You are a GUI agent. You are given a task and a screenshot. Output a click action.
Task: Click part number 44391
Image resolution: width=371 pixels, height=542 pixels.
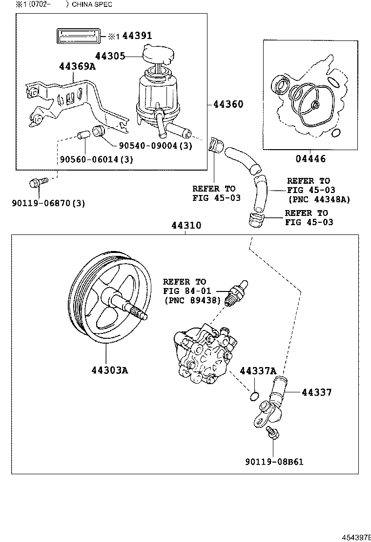[x=137, y=36]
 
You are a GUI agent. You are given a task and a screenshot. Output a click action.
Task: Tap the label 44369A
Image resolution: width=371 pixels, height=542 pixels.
[x=77, y=66]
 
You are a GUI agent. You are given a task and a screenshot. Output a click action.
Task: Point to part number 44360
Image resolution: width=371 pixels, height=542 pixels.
[x=228, y=104]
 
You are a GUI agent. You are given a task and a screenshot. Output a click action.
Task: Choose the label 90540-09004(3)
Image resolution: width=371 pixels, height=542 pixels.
[x=155, y=145]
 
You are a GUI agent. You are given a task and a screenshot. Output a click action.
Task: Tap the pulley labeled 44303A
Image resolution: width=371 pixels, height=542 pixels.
[x=105, y=302]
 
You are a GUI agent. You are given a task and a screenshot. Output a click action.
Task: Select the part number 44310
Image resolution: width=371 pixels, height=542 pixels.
[x=186, y=226]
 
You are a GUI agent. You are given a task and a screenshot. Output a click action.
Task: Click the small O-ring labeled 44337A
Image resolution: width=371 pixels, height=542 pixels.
[x=254, y=396]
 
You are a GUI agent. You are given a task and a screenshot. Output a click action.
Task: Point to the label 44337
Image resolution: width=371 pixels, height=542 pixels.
[x=316, y=392]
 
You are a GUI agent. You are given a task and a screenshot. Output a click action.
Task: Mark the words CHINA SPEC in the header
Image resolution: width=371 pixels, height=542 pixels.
[x=92, y=4]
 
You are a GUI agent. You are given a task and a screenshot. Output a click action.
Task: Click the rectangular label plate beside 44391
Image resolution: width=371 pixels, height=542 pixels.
[x=79, y=36]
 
